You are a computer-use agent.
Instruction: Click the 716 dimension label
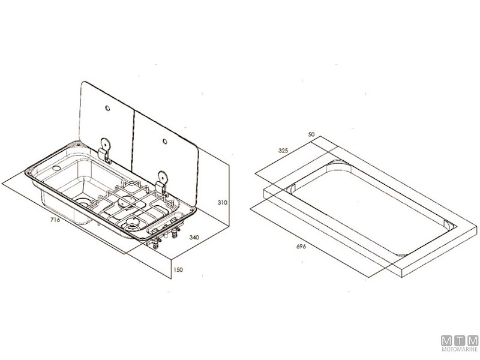click(55, 220)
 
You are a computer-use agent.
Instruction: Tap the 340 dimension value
click(194, 237)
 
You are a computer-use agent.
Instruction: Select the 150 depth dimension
click(178, 269)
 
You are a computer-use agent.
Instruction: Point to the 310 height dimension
click(223, 202)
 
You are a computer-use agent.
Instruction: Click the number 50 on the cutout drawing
click(311, 134)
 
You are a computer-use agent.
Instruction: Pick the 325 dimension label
click(283, 151)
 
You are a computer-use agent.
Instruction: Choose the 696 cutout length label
click(301, 247)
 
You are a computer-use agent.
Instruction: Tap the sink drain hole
click(82, 202)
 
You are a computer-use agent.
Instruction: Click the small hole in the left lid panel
click(107, 108)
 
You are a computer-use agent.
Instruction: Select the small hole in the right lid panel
click(164, 142)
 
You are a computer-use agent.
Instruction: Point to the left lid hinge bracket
click(104, 151)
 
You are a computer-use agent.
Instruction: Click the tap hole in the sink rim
click(56, 168)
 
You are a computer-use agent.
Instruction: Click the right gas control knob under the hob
click(175, 233)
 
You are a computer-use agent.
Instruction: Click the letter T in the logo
click(460, 341)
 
